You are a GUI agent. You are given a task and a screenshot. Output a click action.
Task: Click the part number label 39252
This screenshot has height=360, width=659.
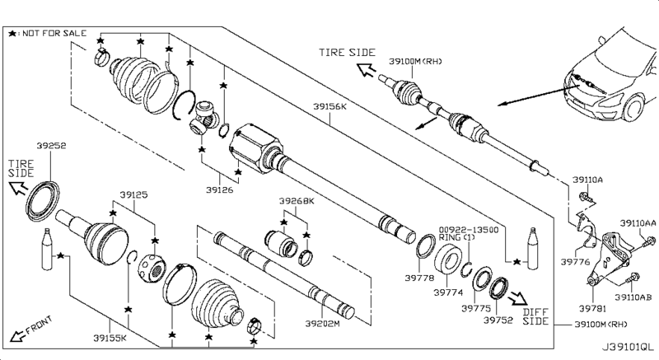pos(51,146)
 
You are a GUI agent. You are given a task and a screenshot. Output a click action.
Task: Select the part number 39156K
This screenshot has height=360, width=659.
pos(330,107)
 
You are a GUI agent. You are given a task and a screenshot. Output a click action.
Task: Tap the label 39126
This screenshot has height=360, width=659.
pos(219,189)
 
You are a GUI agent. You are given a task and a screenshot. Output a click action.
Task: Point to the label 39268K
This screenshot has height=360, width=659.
pos(297,201)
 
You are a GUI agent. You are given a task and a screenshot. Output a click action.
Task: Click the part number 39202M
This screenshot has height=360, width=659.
pos(322,324)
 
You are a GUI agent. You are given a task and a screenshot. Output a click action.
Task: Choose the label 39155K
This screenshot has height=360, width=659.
pos(110,338)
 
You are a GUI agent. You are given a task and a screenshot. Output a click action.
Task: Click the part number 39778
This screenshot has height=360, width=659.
pos(419,278)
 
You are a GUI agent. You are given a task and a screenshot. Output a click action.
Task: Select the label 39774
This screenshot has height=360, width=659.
pos(448,292)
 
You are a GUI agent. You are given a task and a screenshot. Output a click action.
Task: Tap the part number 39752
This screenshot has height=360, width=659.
pos(498,320)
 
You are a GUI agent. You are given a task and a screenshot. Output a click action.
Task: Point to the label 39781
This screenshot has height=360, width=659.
pos(592,309)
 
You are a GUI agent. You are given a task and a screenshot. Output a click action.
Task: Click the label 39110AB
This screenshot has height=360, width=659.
pos(633,297)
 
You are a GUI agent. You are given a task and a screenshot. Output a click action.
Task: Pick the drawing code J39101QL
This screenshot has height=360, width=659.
pos(628,348)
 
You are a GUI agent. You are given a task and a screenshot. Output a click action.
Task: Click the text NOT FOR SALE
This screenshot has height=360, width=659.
pos(54,33)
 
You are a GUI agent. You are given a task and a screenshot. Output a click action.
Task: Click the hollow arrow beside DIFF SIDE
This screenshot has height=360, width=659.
pos(518,299)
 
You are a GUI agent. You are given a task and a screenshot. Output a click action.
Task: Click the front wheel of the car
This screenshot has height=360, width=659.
pos(634,108)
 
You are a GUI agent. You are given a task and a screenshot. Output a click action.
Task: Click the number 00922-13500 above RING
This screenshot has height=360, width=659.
pos(469,230)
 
